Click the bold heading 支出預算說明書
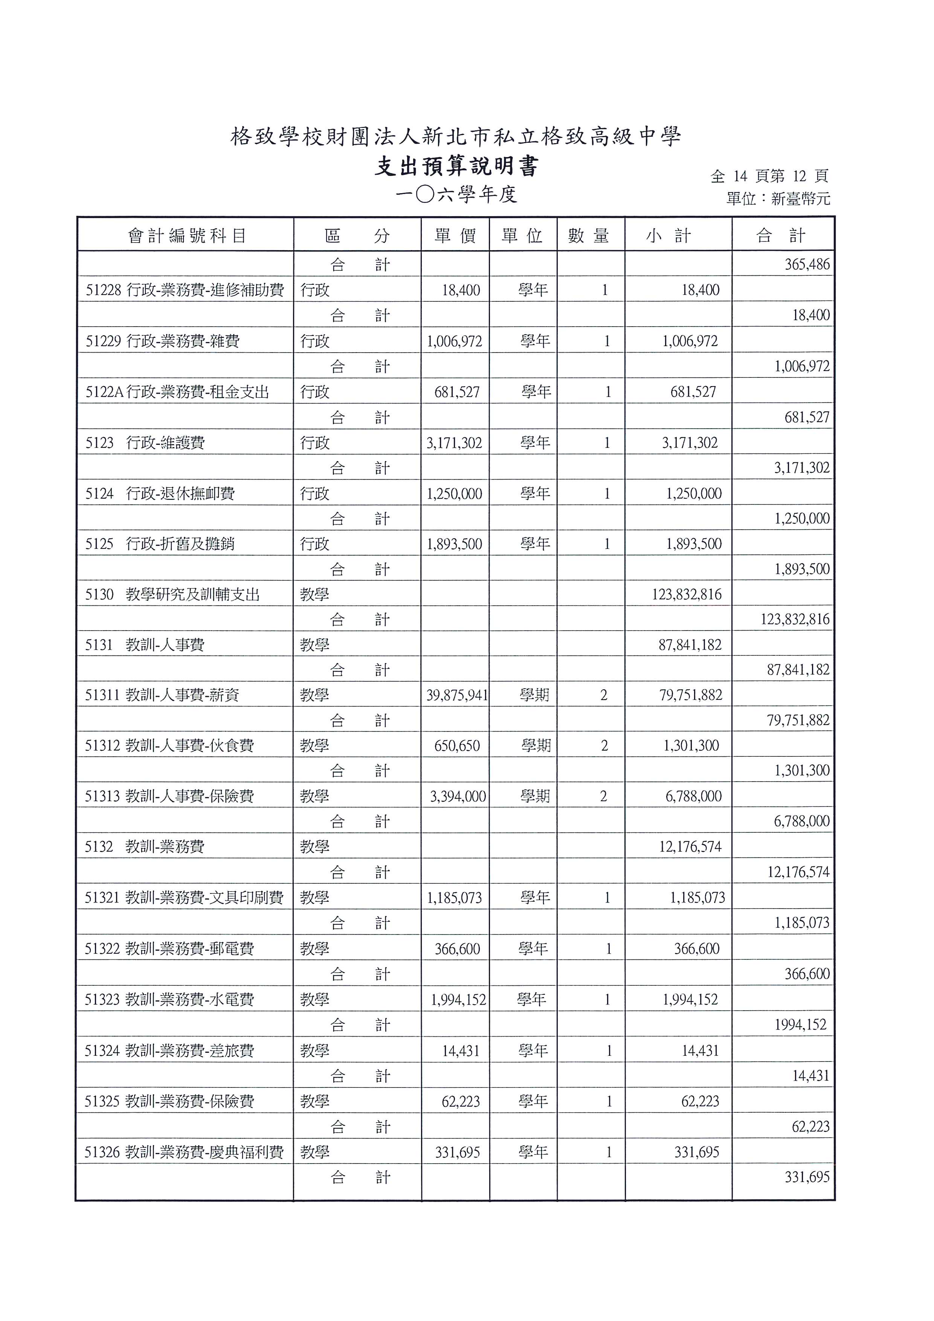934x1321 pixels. coord(457,167)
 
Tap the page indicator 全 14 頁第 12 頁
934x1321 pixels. coord(769,176)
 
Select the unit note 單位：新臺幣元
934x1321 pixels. coord(778,199)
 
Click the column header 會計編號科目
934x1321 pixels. coord(187,235)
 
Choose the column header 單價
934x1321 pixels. coord(455,235)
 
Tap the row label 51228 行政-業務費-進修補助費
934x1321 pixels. coord(185,290)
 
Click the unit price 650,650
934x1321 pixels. coord(457,746)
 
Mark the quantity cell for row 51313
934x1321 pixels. coord(603,796)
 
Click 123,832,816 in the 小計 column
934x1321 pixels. coord(686,594)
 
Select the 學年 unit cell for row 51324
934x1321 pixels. coord(533,1051)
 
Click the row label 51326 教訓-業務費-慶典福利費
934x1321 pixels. coord(184,1152)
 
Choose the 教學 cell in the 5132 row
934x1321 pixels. coord(314,847)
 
